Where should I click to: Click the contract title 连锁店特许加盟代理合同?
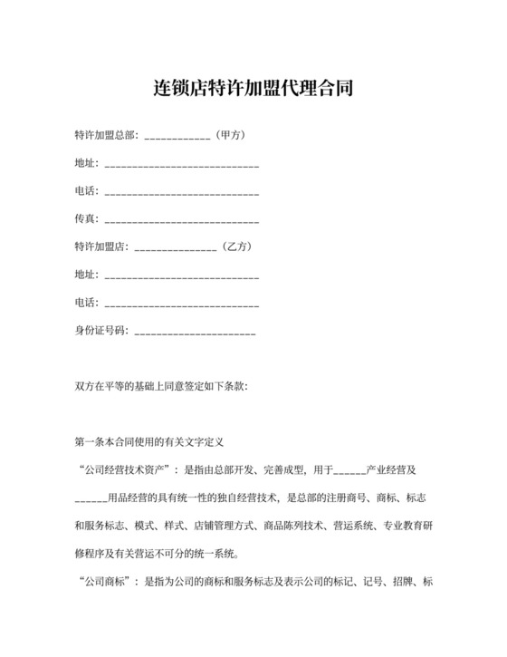(x=253, y=89)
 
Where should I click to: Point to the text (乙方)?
(x=235, y=246)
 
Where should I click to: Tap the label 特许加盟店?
(x=101, y=246)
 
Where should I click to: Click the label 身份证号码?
(x=101, y=330)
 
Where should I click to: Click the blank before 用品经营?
(x=90, y=499)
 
